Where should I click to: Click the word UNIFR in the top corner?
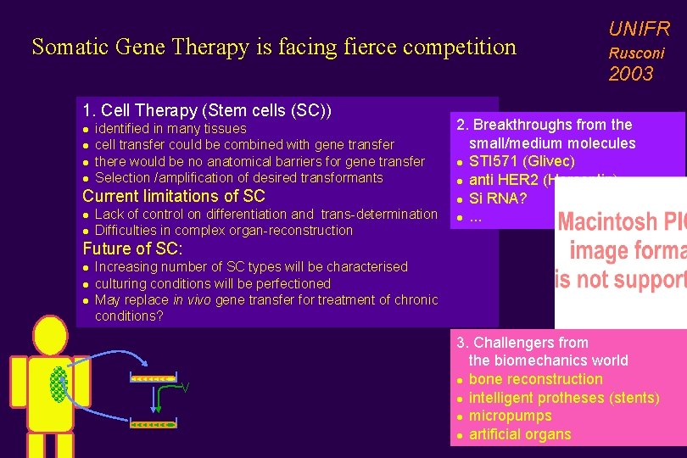pos(639,29)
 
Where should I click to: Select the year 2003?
pos(630,74)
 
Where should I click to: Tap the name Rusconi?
pos(636,53)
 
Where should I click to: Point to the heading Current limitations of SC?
pos(174,196)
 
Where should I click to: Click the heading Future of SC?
pos(132,249)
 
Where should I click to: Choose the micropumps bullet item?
pos(510,416)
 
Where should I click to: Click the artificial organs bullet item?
pos(519,434)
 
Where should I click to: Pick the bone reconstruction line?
pos(535,379)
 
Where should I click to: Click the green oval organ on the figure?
pos(58,382)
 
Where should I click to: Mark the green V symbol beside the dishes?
pos(185,388)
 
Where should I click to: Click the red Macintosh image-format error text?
pos(620,250)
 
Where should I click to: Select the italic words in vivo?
pos(192,299)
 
